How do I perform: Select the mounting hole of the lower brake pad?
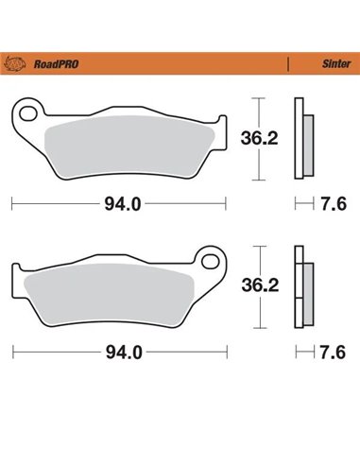(x=211, y=257)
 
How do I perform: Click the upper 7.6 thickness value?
(x=332, y=203)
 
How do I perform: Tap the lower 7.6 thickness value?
(x=332, y=352)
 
